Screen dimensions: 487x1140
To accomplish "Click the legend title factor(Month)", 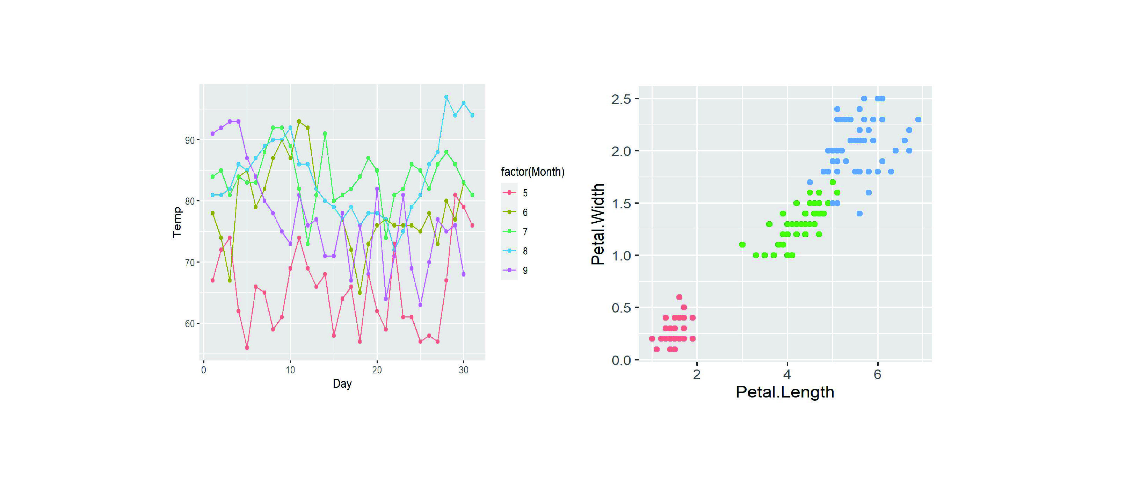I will pyautogui.click(x=532, y=172).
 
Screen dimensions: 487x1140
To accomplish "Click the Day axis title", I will pyautogui.click(x=342, y=384).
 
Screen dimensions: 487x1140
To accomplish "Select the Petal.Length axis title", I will pyautogui.click(x=785, y=392).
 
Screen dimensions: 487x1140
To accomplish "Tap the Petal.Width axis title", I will pyautogui.click(x=598, y=224).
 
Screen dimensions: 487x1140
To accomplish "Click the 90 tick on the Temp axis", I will pyautogui.click(x=190, y=140).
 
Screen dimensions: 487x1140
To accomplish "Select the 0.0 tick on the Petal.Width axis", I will pyautogui.click(x=621, y=360).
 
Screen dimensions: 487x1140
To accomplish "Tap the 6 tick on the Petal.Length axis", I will pyautogui.click(x=877, y=374).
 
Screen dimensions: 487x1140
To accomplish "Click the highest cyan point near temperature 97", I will pyautogui.click(x=446, y=97).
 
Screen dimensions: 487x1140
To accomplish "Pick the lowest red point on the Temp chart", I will pyautogui.click(x=247, y=348).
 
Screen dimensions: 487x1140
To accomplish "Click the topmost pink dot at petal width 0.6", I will pyautogui.click(x=679, y=297).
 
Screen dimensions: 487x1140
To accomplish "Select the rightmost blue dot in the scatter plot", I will pyautogui.click(x=918, y=120).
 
